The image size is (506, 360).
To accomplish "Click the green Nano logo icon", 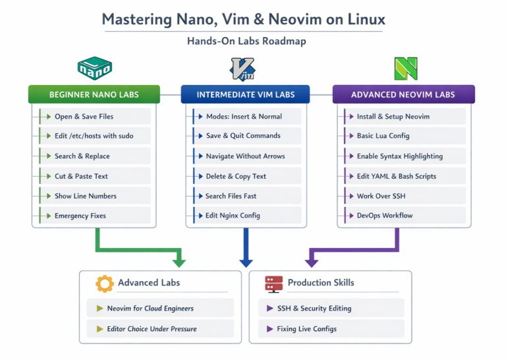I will (x=95, y=67).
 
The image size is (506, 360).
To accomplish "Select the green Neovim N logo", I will (x=405, y=69).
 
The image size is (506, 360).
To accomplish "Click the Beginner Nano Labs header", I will (x=94, y=94).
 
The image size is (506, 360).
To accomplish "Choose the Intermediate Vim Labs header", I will (x=246, y=94).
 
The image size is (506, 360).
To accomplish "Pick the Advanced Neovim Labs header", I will (x=403, y=94).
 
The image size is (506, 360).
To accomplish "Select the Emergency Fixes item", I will (x=80, y=216).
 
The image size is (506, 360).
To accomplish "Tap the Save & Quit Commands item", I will (x=242, y=136).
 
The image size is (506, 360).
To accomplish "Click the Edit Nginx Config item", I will (x=233, y=216).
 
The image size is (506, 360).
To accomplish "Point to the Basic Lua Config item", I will (x=383, y=136).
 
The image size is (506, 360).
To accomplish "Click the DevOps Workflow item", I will (x=384, y=216).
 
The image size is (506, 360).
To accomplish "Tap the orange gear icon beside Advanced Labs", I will (x=104, y=284).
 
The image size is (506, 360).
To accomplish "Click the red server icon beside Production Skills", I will (x=273, y=284).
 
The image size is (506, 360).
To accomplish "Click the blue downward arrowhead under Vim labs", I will (x=246, y=262).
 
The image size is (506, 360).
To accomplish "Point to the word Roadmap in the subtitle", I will (x=284, y=41).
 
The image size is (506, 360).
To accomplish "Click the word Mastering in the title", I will (x=135, y=19).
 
